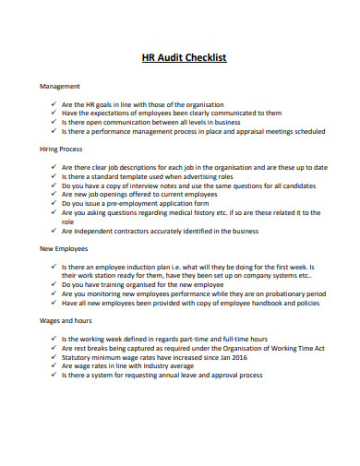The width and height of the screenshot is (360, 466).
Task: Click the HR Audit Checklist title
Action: [x=182, y=57]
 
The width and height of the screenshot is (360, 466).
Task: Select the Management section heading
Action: [x=60, y=86]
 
